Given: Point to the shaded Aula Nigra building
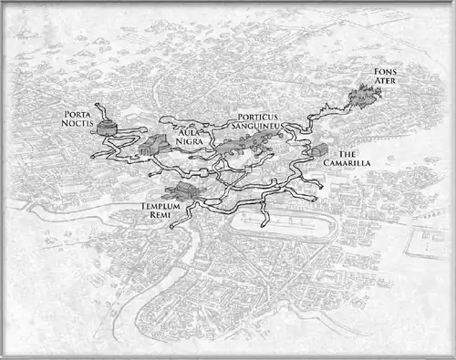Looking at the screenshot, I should pos(155,144).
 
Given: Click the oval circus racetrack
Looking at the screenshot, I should pos(274,224).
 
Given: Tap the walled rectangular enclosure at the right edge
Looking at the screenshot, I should pos(429,242).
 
